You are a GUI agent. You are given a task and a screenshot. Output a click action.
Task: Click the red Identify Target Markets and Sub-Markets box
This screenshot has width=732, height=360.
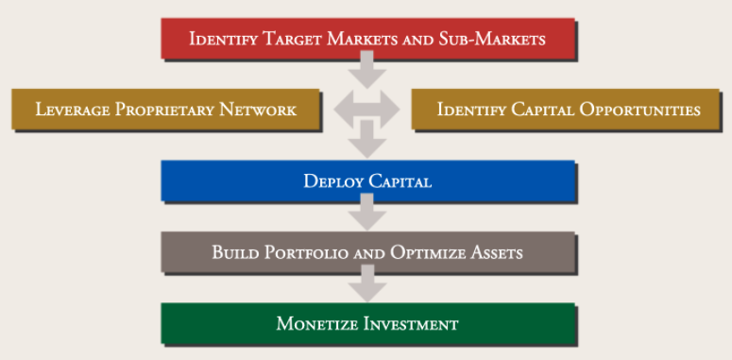tap(367, 39)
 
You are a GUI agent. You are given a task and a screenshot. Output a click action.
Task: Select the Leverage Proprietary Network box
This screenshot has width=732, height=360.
tap(165, 110)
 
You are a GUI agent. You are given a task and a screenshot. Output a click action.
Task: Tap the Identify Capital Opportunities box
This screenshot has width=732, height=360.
tap(569, 110)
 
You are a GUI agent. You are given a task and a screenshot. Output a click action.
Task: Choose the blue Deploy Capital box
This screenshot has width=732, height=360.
tap(367, 180)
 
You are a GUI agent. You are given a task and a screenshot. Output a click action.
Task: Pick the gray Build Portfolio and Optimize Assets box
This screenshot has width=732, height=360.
tap(367, 253)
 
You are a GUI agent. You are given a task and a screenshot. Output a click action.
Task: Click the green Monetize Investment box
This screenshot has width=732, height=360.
tap(367, 324)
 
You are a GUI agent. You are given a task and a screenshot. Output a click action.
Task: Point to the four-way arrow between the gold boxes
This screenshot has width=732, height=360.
tap(367, 111)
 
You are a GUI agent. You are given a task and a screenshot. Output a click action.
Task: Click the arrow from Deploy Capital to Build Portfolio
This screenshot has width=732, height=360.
tap(367, 216)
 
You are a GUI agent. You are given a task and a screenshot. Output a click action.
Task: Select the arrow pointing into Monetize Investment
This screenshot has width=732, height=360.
tap(367, 288)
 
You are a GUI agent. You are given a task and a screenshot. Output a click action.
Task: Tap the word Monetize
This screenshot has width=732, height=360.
tap(314, 324)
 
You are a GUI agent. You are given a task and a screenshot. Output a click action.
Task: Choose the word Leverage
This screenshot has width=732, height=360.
tap(73, 110)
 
